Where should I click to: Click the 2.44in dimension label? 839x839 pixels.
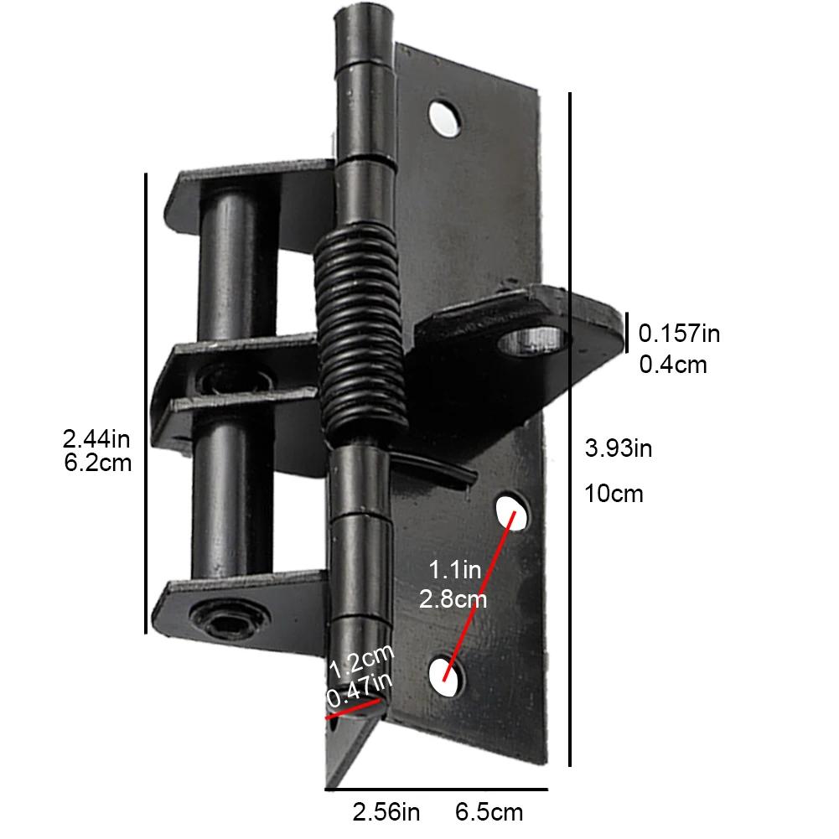pyautogui.click(x=97, y=438)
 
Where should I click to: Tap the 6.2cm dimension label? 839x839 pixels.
pyautogui.click(x=97, y=462)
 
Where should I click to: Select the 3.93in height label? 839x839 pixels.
pyautogui.click(x=619, y=448)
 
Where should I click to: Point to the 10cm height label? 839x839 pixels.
pyautogui.click(x=614, y=493)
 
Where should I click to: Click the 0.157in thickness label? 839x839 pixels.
pyautogui.click(x=680, y=334)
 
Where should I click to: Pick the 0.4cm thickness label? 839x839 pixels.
pyautogui.click(x=673, y=365)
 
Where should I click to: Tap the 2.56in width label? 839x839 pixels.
pyautogui.click(x=386, y=812)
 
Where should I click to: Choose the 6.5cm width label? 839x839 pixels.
pyautogui.click(x=489, y=812)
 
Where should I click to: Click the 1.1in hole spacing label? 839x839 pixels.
pyautogui.click(x=454, y=571)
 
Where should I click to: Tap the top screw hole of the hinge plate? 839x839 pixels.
pyautogui.click(x=444, y=118)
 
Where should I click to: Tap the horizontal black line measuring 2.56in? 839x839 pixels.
pyautogui.click(x=436, y=789)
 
